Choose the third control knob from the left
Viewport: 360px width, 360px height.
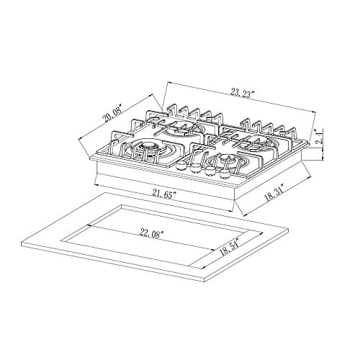[x=210, y=171]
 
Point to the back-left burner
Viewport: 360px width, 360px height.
[x=178, y=130]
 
